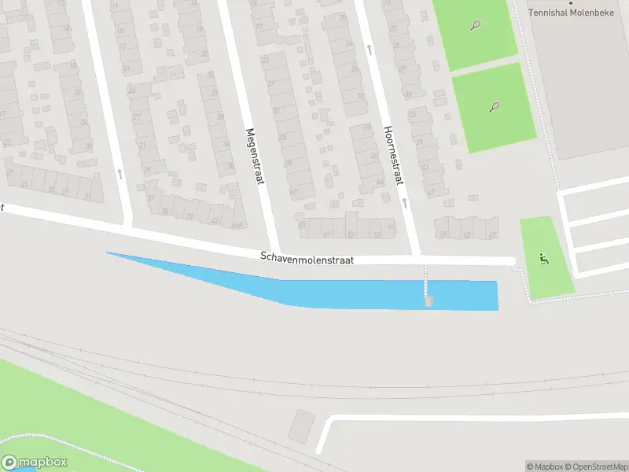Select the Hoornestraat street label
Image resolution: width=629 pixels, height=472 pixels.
tap(392, 156)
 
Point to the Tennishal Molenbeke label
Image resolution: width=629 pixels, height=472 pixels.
tap(578, 13)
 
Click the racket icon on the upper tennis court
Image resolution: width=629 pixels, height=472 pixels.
tap(476, 25)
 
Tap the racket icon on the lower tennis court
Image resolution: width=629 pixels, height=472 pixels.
tap(494, 107)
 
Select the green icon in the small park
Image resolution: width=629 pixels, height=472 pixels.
tap(543, 258)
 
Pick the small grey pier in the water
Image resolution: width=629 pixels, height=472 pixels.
tap(428, 301)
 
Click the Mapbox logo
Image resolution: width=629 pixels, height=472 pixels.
tap(35, 463)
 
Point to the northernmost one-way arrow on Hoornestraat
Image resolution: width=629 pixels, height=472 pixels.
tap(370, 49)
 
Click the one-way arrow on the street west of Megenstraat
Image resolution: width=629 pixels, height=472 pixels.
tap(120, 172)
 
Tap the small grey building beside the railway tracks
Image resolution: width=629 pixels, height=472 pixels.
tap(300, 426)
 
